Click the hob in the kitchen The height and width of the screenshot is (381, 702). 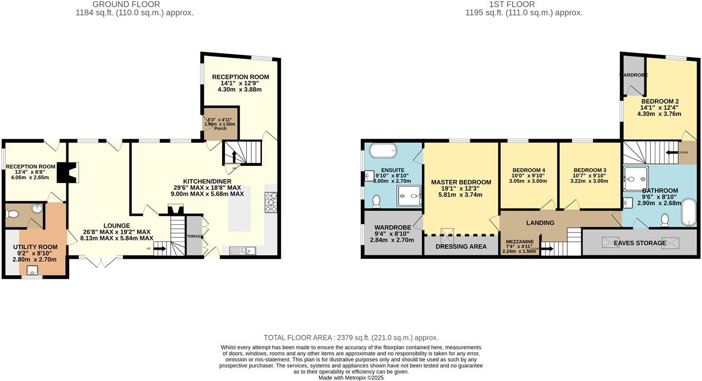click(271, 202)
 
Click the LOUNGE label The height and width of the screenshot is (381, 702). click(116, 225)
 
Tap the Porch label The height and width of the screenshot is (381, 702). click(221, 128)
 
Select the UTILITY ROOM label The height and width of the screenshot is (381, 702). click(35, 247)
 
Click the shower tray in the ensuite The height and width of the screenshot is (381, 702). click(408, 196)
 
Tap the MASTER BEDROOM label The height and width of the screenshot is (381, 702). click(461, 182)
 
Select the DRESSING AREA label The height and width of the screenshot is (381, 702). click(462, 246)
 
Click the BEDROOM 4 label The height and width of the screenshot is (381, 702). click(528, 170)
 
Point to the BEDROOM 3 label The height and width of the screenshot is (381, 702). click(590, 170)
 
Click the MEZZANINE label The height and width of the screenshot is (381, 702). click(519, 241)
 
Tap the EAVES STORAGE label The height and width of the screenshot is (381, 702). click(640, 243)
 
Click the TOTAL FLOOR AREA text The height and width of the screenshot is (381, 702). click(351, 337)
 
